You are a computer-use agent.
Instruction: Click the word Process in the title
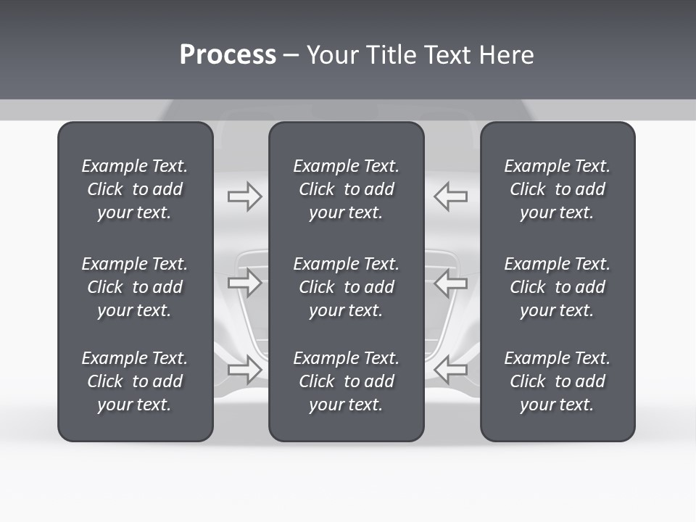tap(228, 55)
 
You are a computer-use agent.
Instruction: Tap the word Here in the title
tap(506, 55)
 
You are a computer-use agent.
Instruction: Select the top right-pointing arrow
tap(244, 196)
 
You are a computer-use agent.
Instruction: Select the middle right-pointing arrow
tap(244, 283)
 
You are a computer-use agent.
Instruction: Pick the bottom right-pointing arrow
tap(244, 370)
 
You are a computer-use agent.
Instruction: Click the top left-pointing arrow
tap(450, 196)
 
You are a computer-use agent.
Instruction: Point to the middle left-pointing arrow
tap(450, 283)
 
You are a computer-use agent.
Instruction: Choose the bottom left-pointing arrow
tap(450, 370)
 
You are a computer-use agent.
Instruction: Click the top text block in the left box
tap(135, 189)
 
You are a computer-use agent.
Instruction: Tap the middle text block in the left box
tap(135, 287)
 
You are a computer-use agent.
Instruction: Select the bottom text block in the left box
tap(135, 381)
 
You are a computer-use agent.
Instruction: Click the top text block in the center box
tap(347, 189)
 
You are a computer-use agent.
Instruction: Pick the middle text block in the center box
tap(347, 287)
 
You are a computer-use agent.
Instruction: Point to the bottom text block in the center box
tap(347, 381)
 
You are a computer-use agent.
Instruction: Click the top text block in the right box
tap(558, 189)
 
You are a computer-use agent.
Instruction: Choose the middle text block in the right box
tap(558, 287)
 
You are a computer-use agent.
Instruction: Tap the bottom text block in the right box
tap(558, 381)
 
